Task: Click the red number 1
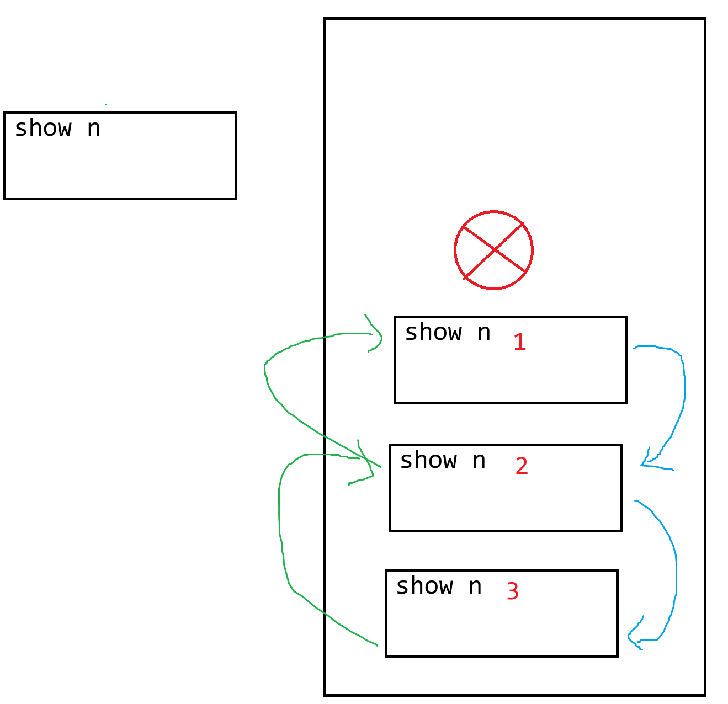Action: (519, 342)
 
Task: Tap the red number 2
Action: (522, 466)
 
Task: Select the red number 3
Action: (513, 591)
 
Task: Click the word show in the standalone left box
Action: (43, 129)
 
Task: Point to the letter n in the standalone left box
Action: (94, 129)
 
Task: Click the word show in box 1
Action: (433, 333)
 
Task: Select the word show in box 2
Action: (428, 460)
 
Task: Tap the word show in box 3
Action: (424, 586)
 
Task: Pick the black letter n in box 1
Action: (484, 333)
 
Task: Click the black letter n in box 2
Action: (479, 461)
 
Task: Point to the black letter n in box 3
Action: (475, 586)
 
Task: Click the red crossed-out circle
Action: (493, 250)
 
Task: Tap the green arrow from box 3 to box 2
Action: (280, 530)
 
